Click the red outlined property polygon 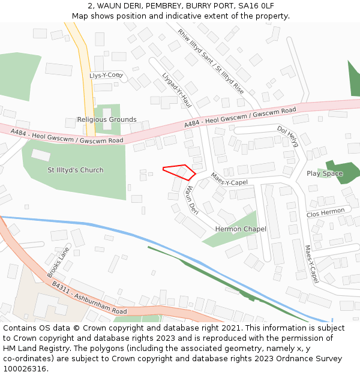tap(182, 172)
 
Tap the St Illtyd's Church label tap(76, 170)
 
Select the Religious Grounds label tap(107, 119)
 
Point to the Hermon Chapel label tap(241, 229)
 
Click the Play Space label tap(325, 173)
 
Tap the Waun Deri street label tap(191, 200)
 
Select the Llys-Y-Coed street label tap(106, 76)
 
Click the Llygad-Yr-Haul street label tap(176, 90)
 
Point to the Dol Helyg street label tap(287, 137)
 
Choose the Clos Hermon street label tap(326, 212)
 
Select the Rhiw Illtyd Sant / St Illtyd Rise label tap(211, 61)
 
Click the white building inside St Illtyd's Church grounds tap(41, 155)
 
